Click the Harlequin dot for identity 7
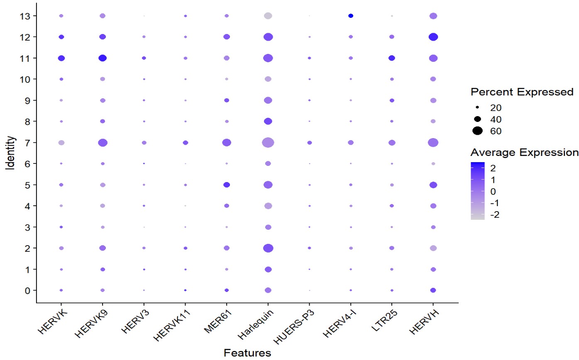pos(268,143)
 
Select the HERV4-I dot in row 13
pos(351,16)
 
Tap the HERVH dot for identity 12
pos(433,37)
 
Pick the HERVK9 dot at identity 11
pos(103,58)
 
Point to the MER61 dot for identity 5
pos(227,185)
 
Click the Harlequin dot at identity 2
pos(268,248)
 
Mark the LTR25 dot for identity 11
pos(391,58)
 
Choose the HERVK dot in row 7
pos(61,143)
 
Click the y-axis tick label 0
pos(28,290)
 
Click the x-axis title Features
pos(247,353)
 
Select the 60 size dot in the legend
pos(477,131)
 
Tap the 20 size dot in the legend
pos(477,108)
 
